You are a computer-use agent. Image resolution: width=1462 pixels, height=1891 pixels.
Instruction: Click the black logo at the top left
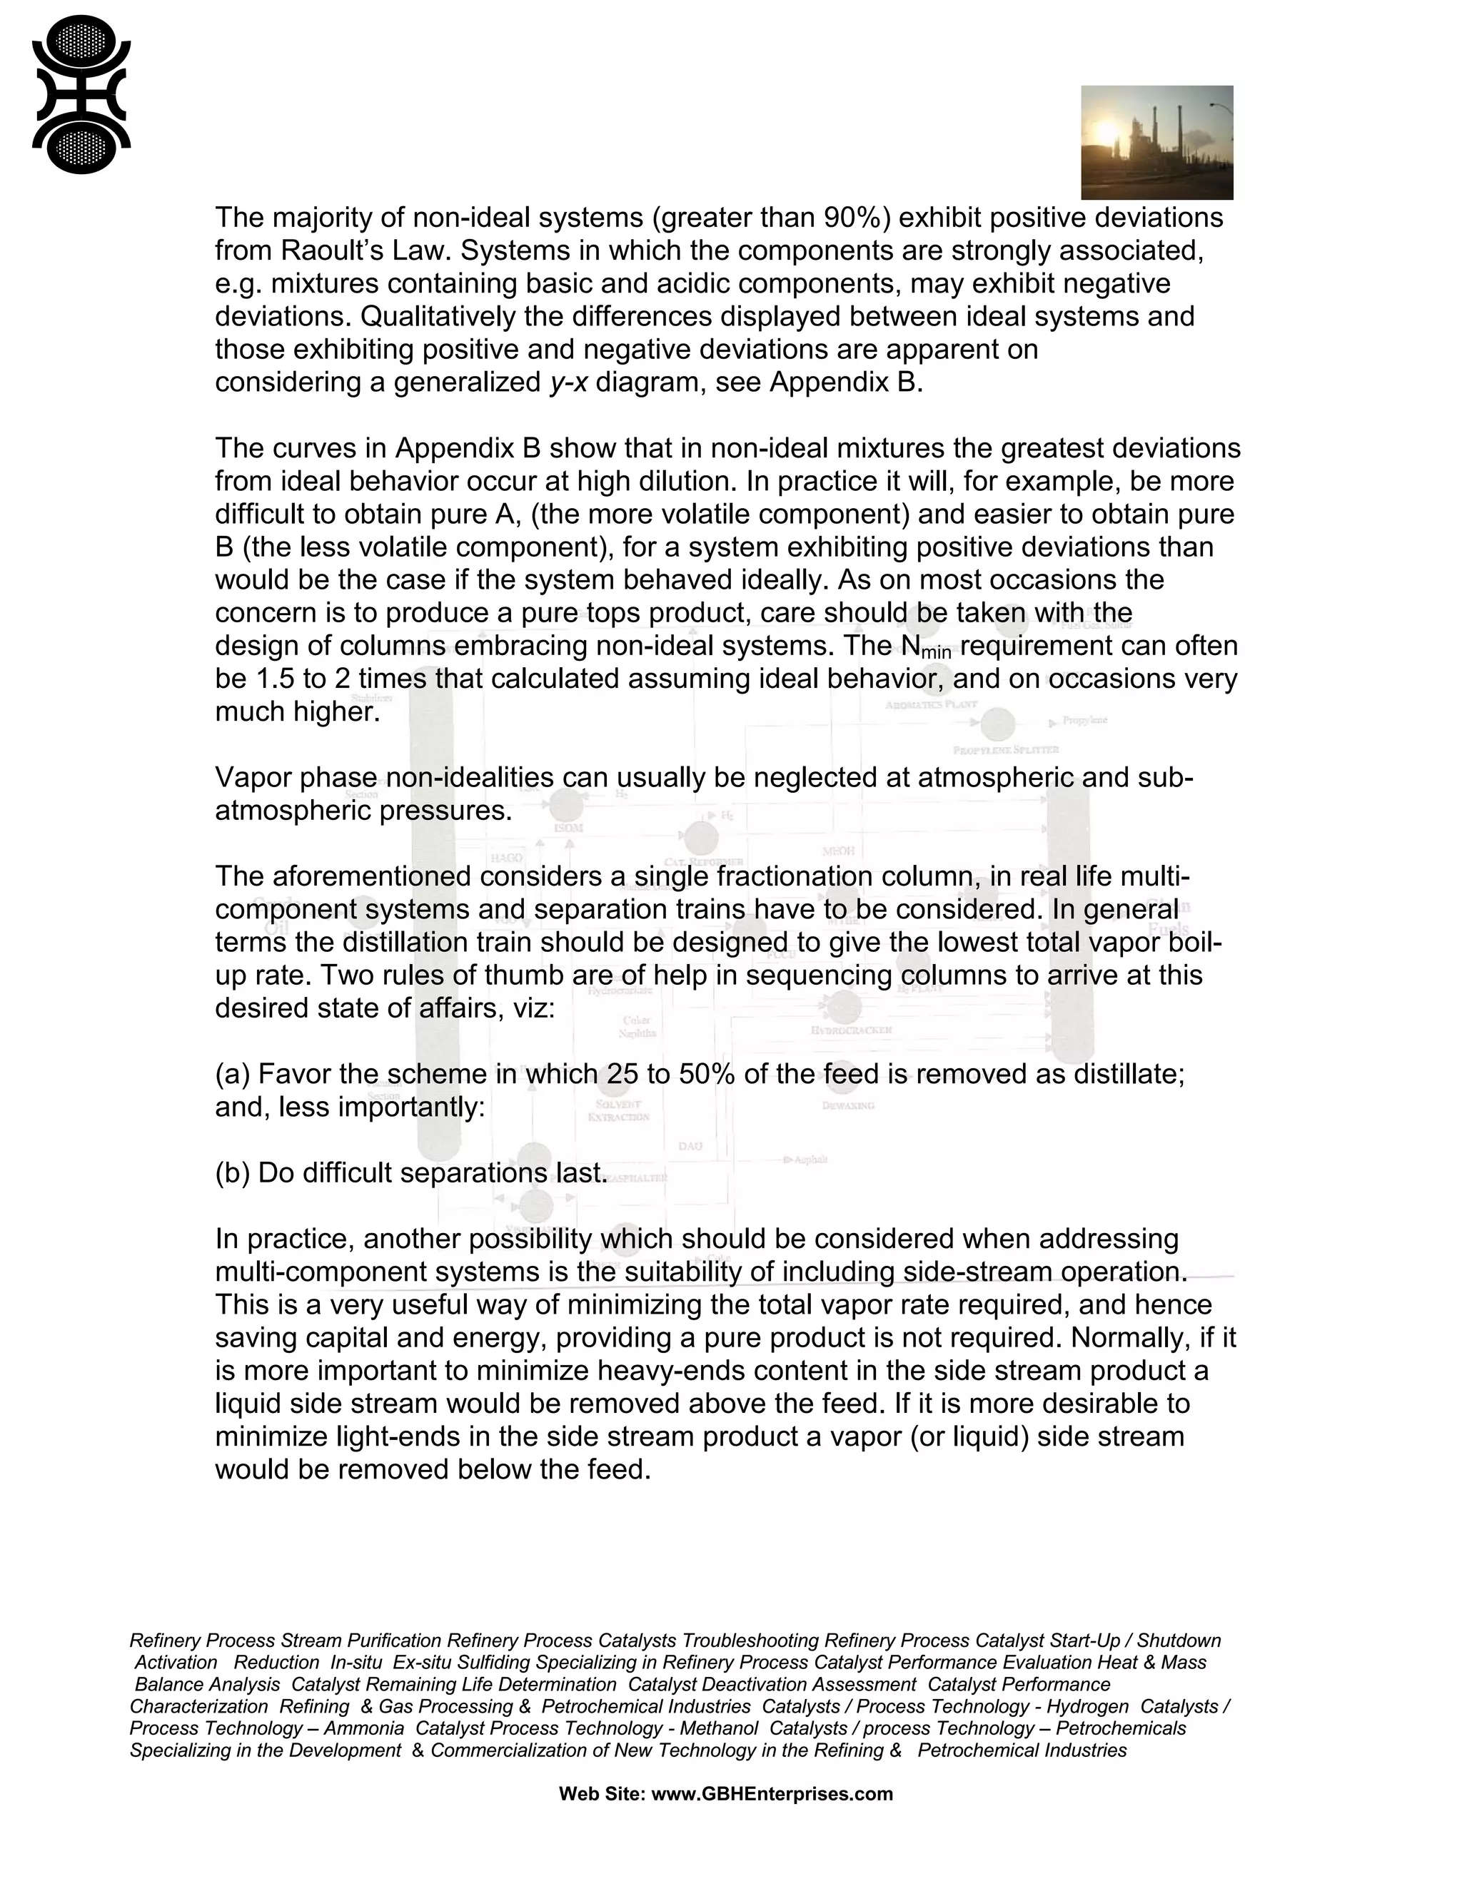pos(81,94)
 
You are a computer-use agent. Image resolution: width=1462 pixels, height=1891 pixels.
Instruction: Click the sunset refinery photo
pos(1156,143)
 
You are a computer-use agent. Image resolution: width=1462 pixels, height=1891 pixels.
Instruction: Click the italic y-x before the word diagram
pos(568,382)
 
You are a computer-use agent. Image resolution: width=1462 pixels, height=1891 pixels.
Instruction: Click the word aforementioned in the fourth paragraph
pos(373,876)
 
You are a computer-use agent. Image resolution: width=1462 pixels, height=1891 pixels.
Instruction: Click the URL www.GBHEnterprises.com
pos(771,1794)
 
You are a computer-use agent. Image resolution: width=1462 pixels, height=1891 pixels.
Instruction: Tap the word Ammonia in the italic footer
pos(364,1728)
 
